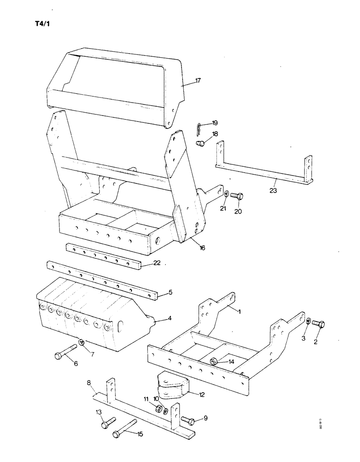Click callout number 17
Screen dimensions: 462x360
click(198, 81)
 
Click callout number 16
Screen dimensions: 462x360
click(202, 248)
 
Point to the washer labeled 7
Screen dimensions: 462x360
click(81, 342)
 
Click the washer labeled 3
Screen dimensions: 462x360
click(308, 322)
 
